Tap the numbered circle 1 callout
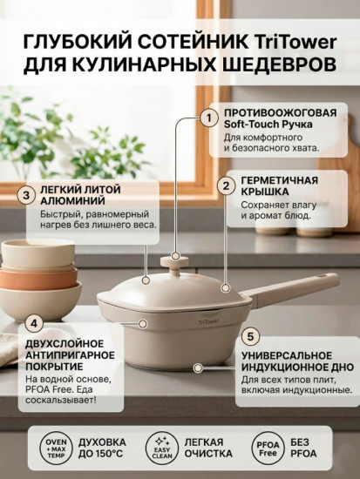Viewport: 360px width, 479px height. click(x=208, y=117)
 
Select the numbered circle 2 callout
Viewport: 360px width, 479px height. click(x=225, y=186)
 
